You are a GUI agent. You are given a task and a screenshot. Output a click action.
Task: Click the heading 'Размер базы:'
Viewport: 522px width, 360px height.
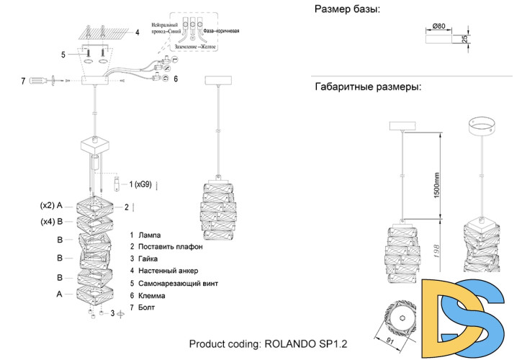347,9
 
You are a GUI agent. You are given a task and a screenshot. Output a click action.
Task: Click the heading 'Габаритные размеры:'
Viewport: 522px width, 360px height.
368,87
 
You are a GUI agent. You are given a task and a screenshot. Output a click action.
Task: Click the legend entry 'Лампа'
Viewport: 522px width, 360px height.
149,235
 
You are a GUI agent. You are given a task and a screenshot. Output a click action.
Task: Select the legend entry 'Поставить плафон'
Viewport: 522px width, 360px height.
171,246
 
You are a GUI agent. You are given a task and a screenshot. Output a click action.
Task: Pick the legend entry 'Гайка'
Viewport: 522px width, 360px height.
148,258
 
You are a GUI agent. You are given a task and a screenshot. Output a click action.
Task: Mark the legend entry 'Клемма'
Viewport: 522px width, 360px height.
152,295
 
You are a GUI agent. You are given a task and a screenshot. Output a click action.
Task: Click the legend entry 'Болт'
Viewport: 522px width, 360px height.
147,307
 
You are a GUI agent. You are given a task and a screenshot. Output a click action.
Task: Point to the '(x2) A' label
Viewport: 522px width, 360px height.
52,204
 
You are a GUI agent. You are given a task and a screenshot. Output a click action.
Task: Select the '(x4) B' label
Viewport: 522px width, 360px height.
52,222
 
